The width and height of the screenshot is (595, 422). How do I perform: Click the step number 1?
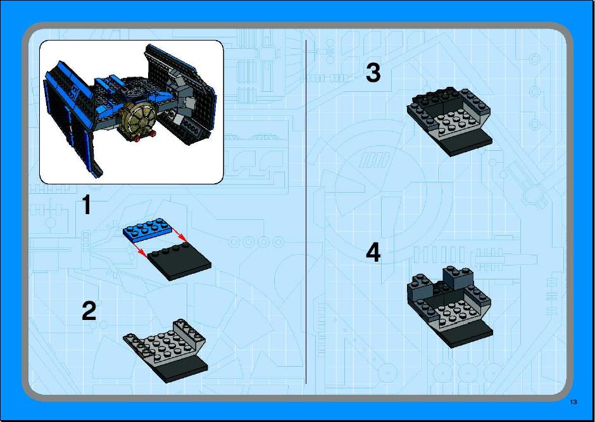pos(87,205)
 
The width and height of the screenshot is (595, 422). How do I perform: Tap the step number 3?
pos(373,72)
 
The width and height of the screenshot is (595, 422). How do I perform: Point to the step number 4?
pos(373,253)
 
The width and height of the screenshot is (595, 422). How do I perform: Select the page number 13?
pos(573,402)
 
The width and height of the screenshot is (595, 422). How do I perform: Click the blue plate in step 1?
pos(148,230)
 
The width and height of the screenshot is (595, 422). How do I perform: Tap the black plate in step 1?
pos(179,261)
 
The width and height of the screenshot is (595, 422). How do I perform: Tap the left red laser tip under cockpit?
pos(137,139)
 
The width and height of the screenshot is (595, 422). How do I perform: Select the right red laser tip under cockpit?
pos(153,133)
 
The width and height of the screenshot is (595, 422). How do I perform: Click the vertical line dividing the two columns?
pos(306,211)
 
